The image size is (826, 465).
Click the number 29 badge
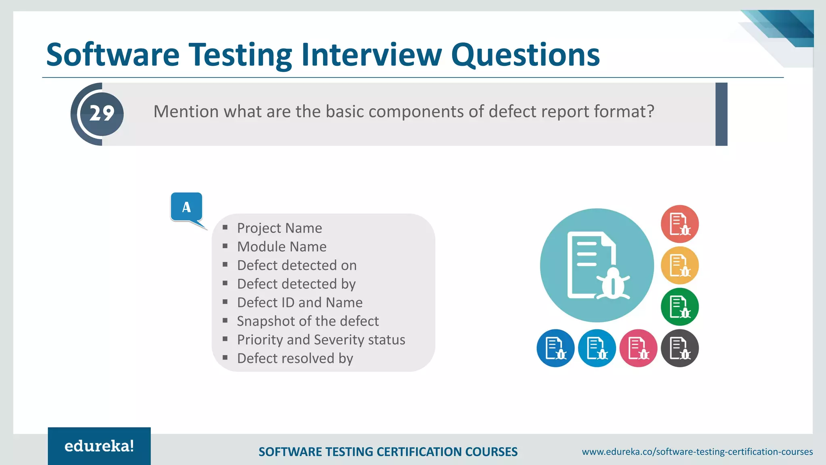[102, 114]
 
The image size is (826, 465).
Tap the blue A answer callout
[186, 207]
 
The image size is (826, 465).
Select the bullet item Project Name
[279, 228]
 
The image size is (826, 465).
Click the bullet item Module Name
[282, 247]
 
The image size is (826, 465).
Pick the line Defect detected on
[296, 265]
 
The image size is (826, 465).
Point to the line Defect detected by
[296, 284]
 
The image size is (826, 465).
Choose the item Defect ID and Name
[300, 302]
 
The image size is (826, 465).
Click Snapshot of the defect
[307, 321]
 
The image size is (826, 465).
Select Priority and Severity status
[321, 339]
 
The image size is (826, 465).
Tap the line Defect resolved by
[295, 358]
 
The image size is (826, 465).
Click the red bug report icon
[680, 224]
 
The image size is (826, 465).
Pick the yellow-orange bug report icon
[680, 266]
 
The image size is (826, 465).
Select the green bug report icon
[680, 307]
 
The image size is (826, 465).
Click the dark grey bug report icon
[680, 348]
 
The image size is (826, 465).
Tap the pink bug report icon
[638, 348]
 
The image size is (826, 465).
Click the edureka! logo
[99, 446]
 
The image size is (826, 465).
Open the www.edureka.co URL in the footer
[697, 452]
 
